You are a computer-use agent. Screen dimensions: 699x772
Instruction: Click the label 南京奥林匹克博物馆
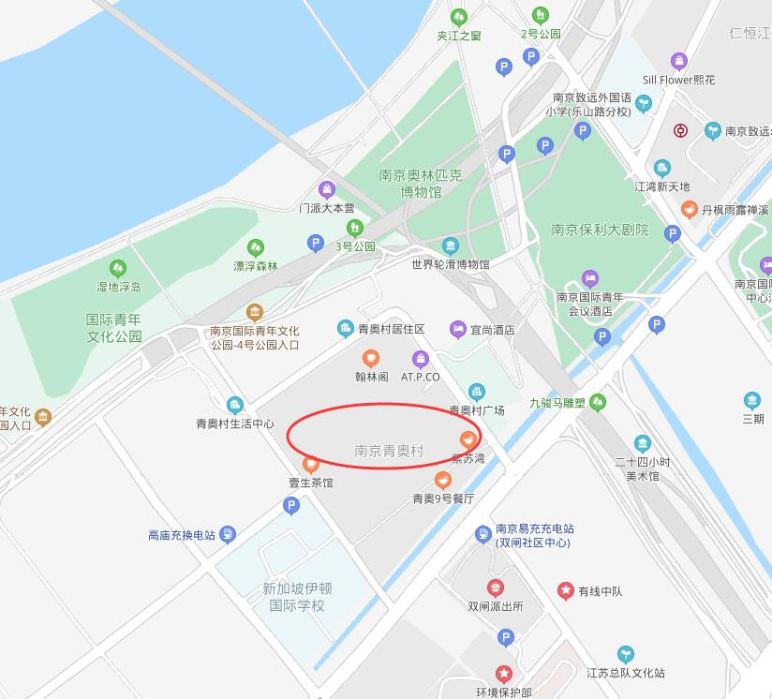pyautogui.click(x=421, y=183)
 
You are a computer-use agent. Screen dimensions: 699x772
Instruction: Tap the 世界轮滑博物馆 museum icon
pyautogui.click(x=451, y=246)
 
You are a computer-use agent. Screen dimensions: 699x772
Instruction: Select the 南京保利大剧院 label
pyautogui.click(x=600, y=230)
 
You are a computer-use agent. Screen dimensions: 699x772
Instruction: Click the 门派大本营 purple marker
pyautogui.click(x=327, y=189)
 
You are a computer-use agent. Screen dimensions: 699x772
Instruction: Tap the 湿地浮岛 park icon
pyautogui.click(x=118, y=268)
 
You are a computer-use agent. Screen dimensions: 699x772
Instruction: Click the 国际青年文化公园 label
pyautogui.click(x=114, y=327)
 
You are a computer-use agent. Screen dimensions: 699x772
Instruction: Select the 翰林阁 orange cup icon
pyautogui.click(x=371, y=358)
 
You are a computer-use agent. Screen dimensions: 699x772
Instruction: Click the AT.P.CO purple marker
pyautogui.click(x=421, y=358)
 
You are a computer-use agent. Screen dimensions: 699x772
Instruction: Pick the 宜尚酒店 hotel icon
pyautogui.click(x=457, y=329)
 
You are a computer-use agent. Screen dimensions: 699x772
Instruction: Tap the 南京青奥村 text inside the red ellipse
pyautogui.click(x=389, y=451)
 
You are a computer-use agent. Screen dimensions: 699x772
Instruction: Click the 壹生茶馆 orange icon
pyautogui.click(x=311, y=464)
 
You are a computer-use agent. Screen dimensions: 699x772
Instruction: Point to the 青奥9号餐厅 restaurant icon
pyautogui.click(x=444, y=480)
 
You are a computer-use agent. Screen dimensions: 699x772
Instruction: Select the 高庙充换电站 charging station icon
pyautogui.click(x=228, y=535)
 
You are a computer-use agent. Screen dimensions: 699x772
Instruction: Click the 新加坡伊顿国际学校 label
pyautogui.click(x=297, y=597)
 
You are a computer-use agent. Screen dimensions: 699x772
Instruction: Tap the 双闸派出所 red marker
pyautogui.click(x=496, y=587)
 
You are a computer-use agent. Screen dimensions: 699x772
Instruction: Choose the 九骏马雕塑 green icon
pyautogui.click(x=598, y=403)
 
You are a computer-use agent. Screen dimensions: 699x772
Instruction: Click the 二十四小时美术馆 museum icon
pyautogui.click(x=643, y=443)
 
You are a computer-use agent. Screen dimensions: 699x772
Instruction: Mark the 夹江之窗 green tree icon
pyautogui.click(x=459, y=17)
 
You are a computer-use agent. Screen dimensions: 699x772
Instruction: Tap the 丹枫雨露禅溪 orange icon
pyautogui.click(x=690, y=209)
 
